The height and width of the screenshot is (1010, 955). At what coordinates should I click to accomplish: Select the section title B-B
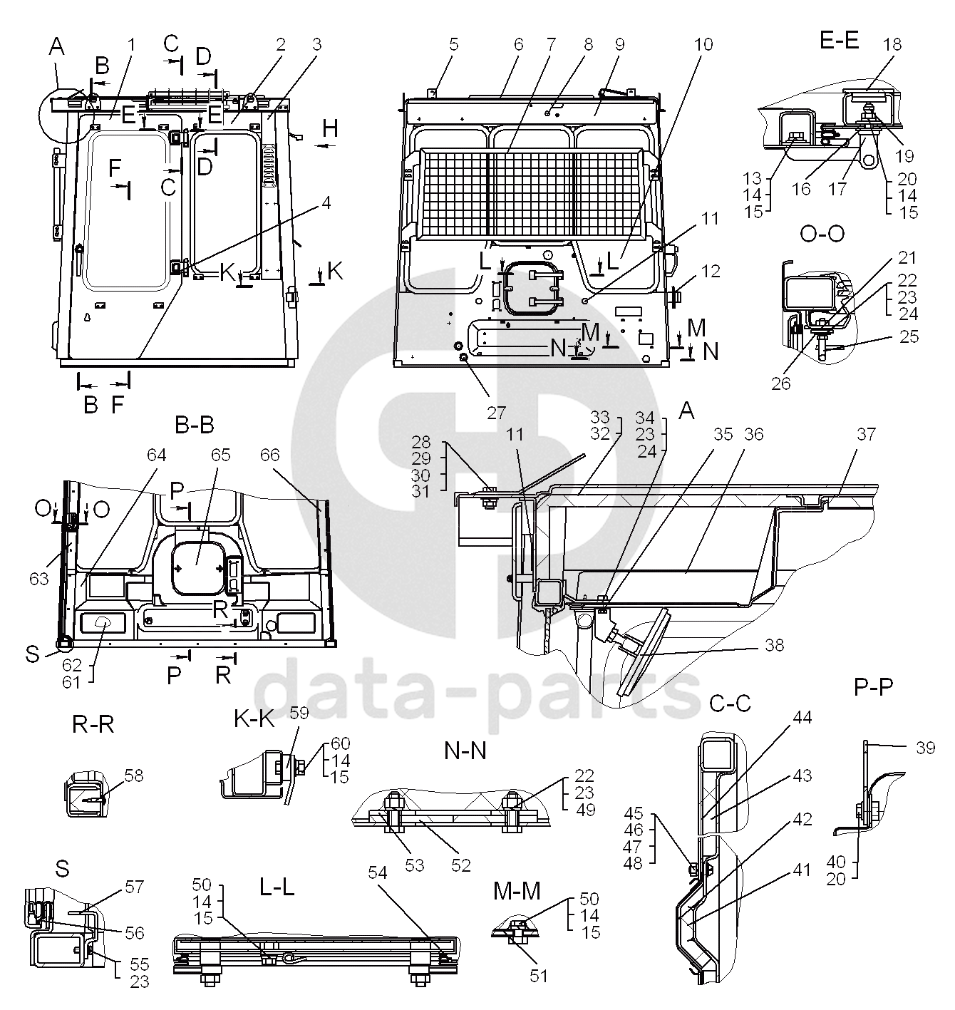(x=194, y=426)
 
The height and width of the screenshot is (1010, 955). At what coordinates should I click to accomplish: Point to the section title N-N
(x=465, y=751)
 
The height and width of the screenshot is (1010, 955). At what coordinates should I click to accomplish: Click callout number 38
(x=774, y=645)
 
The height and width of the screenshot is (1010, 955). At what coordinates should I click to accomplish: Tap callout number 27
(x=496, y=412)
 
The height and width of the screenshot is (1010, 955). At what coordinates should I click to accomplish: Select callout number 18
(x=892, y=44)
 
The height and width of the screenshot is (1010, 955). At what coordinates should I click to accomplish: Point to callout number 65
(x=221, y=454)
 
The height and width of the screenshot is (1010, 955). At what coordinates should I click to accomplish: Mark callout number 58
(x=134, y=775)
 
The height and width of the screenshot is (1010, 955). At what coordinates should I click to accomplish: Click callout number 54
(x=378, y=872)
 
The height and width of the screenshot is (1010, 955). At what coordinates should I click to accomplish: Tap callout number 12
(x=711, y=271)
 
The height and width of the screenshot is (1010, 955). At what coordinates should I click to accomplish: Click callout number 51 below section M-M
(x=539, y=974)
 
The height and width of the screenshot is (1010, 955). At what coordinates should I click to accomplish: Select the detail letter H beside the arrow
(x=329, y=129)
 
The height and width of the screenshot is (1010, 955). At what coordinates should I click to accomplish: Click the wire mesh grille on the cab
(x=532, y=192)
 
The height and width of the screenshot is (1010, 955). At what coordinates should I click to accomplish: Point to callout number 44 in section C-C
(x=802, y=717)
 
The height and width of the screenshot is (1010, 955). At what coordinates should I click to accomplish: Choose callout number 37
(x=866, y=434)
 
